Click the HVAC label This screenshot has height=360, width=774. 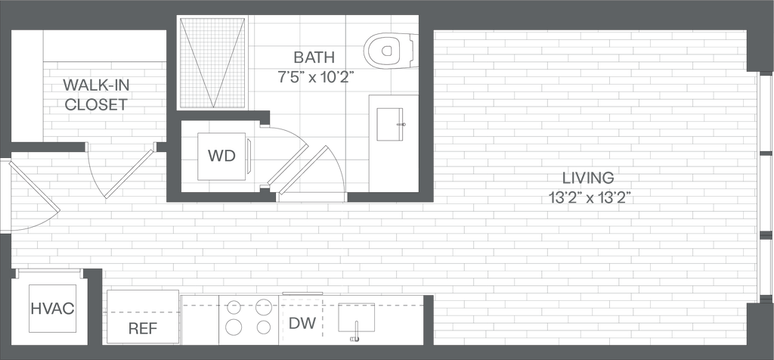(52, 309)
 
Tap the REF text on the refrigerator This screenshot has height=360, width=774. (142, 328)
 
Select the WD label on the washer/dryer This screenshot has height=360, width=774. (221, 157)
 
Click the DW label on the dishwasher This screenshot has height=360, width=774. (303, 324)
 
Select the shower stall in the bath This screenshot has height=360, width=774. (212, 64)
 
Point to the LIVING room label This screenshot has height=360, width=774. (587, 178)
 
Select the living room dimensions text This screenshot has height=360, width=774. (587, 197)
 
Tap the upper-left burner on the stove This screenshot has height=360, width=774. (234, 306)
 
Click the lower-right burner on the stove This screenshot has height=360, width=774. (262, 327)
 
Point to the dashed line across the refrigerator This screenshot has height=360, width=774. (142, 312)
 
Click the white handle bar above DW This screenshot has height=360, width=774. (302, 293)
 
